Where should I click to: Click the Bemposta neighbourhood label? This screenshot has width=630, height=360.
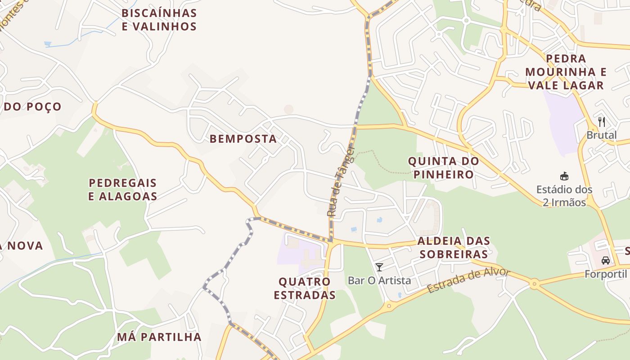point(243,139)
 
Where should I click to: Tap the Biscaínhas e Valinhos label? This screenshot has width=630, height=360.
point(159,20)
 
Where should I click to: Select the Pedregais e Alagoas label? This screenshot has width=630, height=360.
point(122,189)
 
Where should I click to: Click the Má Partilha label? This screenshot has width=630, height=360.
point(159,337)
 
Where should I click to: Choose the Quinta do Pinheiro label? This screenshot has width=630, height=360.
point(443,168)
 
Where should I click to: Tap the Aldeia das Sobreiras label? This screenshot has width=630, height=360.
point(454,247)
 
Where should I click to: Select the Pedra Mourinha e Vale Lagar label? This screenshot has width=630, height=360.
point(566,72)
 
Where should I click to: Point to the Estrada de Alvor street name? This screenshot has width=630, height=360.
point(468,280)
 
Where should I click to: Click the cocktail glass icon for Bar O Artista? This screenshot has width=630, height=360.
point(379,267)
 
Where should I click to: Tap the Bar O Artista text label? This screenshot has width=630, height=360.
point(379,280)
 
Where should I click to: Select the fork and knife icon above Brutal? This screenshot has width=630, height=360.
point(602,121)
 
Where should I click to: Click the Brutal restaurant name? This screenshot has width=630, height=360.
point(601,135)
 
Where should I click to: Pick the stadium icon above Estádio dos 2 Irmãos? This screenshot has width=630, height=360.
point(564,175)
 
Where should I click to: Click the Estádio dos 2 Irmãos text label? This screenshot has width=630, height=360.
point(564,196)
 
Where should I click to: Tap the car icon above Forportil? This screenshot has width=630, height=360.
point(606,260)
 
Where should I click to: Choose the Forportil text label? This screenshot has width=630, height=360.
point(606,274)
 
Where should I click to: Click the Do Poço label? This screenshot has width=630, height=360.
point(32,107)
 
